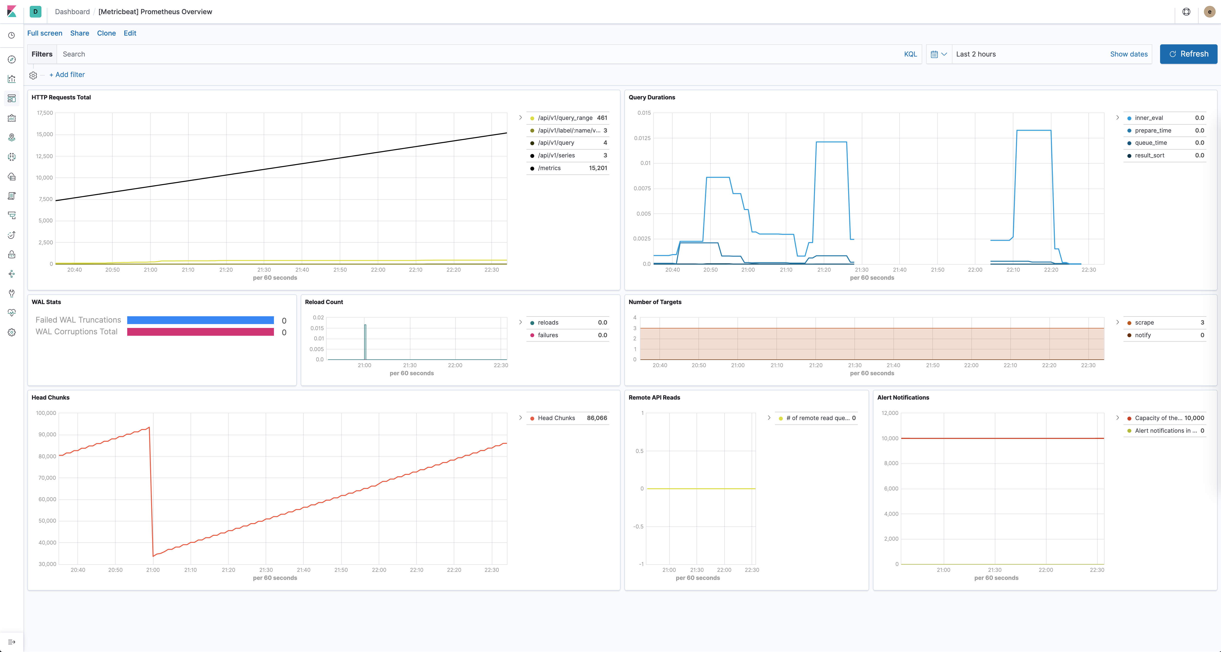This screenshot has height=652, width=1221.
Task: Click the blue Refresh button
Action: [x=1188, y=54]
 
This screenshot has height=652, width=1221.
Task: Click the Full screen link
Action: [x=45, y=33]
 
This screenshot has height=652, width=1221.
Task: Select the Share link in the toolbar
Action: [x=80, y=33]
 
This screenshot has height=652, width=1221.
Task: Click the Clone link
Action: [x=106, y=33]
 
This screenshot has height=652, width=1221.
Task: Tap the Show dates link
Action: [x=1129, y=54]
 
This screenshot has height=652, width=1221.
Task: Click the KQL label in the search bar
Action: [x=910, y=54]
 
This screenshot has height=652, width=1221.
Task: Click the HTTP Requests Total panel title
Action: [x=61, y=97]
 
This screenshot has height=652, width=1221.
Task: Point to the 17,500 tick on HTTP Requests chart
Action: [x=45, y=113]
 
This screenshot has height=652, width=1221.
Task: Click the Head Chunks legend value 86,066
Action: [x=597, y=418]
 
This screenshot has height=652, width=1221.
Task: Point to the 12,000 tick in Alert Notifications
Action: [x=890, y=413]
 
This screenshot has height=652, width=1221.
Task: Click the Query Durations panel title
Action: [x=652, y=97]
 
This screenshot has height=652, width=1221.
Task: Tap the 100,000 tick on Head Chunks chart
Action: [x=46, y=413]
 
